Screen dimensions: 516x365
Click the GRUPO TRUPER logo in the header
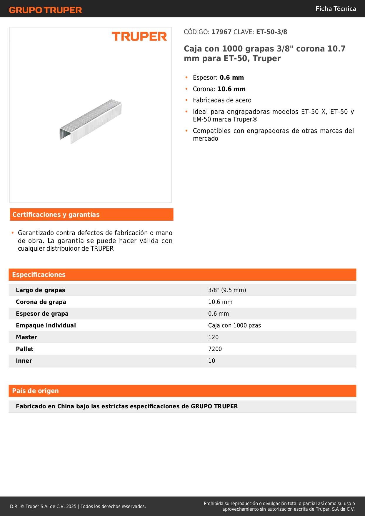pos(45,10)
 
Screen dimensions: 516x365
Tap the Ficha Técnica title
pos(336,9)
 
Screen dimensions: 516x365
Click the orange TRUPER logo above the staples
pos(139,36)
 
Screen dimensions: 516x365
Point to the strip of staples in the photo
pos(91,121)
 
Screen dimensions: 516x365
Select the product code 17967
pos(221,32)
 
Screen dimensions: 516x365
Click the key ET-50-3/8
pos(271,32)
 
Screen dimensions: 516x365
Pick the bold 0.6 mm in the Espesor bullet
pos(232,78)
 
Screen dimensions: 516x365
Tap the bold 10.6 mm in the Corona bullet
pos(231,89)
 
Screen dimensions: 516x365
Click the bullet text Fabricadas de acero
pos(222,100)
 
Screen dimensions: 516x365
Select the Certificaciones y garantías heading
pos(56,215)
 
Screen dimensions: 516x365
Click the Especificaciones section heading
pos(39,275)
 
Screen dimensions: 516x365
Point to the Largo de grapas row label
pos(41,290)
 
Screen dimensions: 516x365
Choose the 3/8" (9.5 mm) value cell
pos(227,290)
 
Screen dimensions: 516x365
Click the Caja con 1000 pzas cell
pos(234,325)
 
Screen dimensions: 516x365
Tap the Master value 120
pos(213,337)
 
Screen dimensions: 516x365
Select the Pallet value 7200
pos(215,349)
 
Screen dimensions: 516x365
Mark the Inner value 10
pos(211,361)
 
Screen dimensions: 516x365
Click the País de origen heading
pos(35,391)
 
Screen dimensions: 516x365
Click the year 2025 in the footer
pos(71,506)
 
